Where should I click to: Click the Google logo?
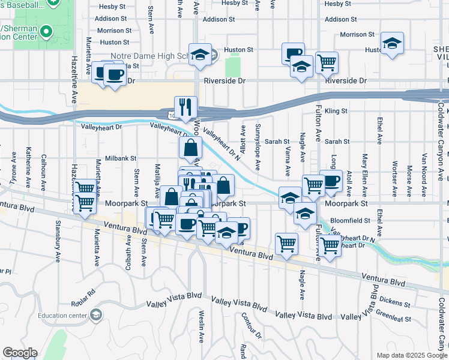click(20, 353)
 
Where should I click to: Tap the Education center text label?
click(62, 316)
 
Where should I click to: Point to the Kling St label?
click(336, 111)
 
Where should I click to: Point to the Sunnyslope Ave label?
click(258, 147)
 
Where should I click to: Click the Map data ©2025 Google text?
click(412, 355)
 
